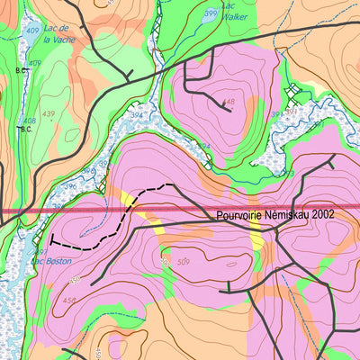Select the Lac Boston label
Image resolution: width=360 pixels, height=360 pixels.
(x=49, y=262)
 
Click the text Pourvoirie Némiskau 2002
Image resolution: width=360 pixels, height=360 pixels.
(x=275, y=216)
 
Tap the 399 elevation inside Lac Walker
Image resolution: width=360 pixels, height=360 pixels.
(x=211, y=14)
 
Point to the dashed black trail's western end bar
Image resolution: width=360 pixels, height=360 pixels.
(x=52, y=241)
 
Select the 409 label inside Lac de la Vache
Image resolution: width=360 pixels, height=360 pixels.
(x=33, y=31)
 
